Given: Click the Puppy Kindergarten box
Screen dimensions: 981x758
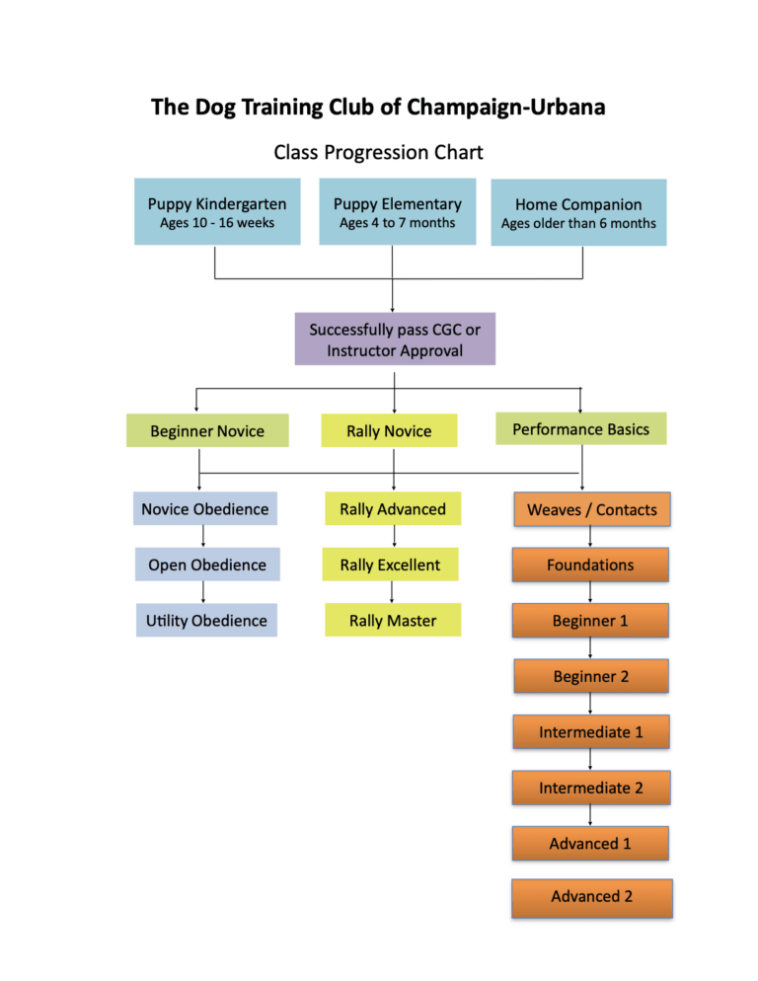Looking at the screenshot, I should [217, 212].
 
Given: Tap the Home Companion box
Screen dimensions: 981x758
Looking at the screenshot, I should [578, 212].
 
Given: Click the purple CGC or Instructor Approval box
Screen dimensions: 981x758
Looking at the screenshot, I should [395, 340].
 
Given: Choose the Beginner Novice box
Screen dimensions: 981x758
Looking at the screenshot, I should [207, 431].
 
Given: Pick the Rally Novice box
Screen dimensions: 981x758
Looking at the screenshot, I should [389, 431].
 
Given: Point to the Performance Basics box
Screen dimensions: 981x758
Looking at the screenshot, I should [581, 429].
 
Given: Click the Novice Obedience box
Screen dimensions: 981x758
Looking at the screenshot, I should [204, 509].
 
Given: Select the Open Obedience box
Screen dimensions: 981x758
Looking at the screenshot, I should [206, 565].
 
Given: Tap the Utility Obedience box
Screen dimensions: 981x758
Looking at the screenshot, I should [206, 620].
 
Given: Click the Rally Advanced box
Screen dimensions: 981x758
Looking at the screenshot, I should [393, 509].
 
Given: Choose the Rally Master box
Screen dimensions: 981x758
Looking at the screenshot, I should [393, 620].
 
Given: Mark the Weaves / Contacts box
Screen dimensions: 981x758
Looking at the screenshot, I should [591, 509].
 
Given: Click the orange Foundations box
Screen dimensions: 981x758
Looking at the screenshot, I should [590, 565].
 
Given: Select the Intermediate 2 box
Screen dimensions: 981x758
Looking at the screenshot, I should [590, 788].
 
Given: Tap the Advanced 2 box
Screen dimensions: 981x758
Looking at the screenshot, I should [591, 897].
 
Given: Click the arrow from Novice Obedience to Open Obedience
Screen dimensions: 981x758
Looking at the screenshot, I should [203, 537].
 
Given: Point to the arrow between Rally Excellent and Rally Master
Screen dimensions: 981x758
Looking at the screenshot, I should [393, 592].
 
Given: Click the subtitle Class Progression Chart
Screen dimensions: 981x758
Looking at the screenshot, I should [378, 153].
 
